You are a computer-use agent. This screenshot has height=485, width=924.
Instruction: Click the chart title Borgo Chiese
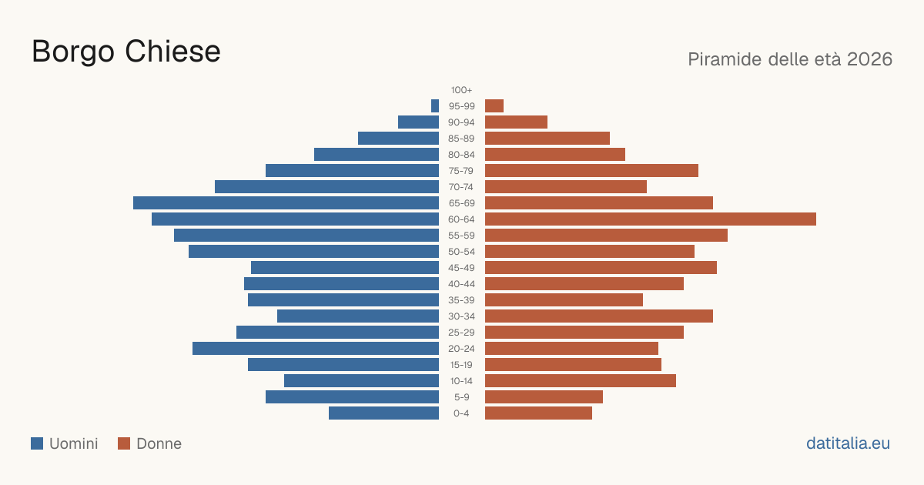pyautogui.click(x=126, y=52)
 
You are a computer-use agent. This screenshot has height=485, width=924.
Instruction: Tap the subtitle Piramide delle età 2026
pyautogui.click(x=790, y=59)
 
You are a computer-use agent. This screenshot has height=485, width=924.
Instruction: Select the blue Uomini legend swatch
pyautogui.click(x=37, y=443)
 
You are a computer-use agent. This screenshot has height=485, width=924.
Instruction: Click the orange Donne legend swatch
pyautogui.click(x=124, y=443)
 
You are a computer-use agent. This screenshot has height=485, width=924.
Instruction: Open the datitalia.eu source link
pyautogui.click(x=848, y=443)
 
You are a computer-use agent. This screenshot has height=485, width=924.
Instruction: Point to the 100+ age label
pyautogui.click(x=461, y=90)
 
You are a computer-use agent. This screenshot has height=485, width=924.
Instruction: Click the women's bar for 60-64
pyautogui.click(x=651, y=219)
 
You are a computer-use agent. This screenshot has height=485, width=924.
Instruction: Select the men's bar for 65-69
pyautogui.click(x=286, y=203)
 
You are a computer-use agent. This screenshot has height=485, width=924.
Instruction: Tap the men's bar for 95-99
pyautogui.click(x=435, y=106)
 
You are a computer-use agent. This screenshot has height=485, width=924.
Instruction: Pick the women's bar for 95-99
pyautogui.click(x=494, y=106)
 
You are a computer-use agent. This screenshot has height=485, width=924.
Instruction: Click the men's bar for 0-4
pyautogui.click(x=383, y=413)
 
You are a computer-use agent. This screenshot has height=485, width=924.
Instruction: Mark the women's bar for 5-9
pyautogui.click(x=544, y=397)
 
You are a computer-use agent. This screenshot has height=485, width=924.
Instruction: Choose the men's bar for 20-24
pyautogui.click(x=316, y=349)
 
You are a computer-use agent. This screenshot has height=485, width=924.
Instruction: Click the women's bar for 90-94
pyautogui.click(x=516, y=122)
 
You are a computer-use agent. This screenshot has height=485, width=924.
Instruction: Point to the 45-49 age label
pyautogui.click(x=461, y=268)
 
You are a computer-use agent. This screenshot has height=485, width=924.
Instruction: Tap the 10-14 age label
pyautogui.click(x=461, y=381)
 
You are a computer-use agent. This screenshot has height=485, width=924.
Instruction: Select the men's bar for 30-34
pyautogui.click(x=358, y=316)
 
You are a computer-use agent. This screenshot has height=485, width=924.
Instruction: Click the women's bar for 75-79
pyautogui.click(x=591, y=171)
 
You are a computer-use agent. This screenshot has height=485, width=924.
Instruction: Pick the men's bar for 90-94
pyautogui.click(x=418, y=122)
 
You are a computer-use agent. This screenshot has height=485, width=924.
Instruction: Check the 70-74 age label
pyautogui.click(x=461, y=187)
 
